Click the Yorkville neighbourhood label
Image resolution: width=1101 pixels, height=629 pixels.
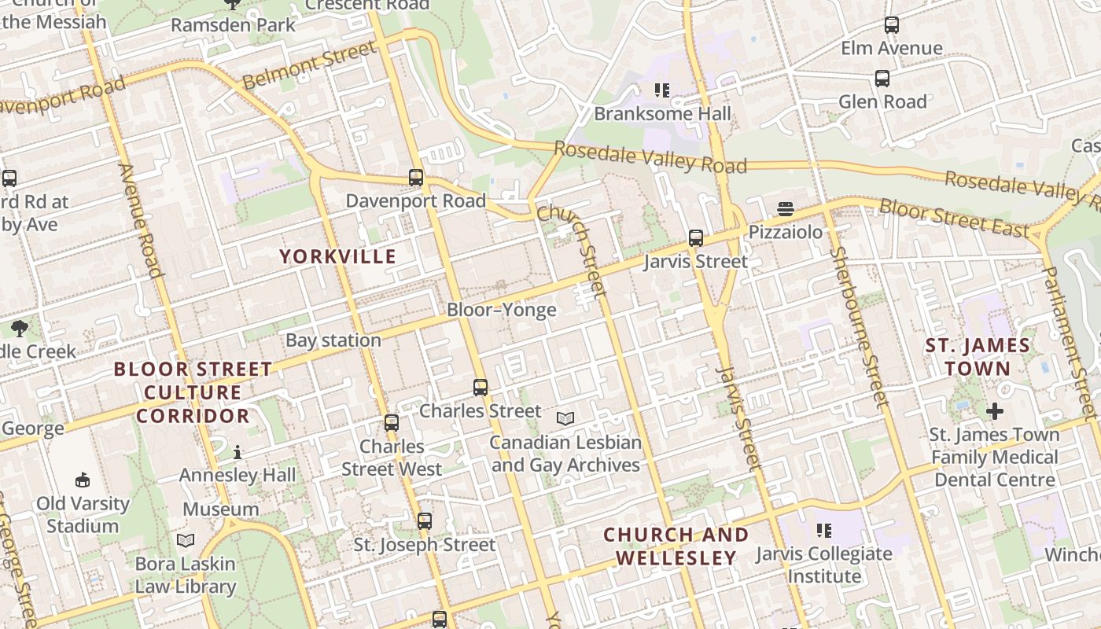tap(337, 256)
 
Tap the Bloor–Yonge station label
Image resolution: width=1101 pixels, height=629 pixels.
tap(501, 310)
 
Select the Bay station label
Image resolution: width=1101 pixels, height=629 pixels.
tap(333, 340)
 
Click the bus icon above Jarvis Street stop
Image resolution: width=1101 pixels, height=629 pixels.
tap(695, 238)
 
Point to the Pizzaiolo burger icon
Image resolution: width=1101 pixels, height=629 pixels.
tap(785, 209)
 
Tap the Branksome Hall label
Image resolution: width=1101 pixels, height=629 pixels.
tap(662, 114)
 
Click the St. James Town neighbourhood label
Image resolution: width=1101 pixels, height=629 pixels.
tap(978, 357)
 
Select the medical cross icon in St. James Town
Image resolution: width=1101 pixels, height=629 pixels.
tap(995, 410)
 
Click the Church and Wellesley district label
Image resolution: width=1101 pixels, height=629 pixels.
tap(676, 546)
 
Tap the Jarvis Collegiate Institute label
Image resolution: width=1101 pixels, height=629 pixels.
tap(824, 565)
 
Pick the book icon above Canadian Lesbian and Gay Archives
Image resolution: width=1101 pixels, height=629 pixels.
tap(565, 418)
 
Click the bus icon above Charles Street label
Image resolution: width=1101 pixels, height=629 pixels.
tap(480, 387)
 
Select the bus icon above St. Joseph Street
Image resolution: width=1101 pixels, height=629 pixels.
tap(424, 520)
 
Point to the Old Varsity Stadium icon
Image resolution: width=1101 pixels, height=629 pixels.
tap(82, 480)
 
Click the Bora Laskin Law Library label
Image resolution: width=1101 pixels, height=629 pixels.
tap(186, 575)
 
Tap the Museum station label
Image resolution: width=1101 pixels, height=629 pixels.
tap(220, 509)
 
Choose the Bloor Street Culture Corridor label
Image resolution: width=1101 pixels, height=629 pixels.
tap(193, 392)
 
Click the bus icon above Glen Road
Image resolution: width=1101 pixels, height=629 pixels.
tap(882, 78)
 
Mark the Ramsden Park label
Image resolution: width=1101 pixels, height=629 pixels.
tap(233, 25)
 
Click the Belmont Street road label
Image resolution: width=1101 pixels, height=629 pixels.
tap(310, 64)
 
